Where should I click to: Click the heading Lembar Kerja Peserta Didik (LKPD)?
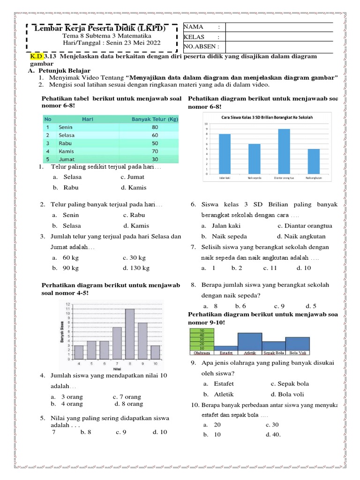100,29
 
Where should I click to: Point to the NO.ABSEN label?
198,47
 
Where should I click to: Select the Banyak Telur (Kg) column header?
155,119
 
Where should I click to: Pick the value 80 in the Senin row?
155,127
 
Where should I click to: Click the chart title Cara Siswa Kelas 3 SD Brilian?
267,117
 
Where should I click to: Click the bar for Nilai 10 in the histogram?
155,352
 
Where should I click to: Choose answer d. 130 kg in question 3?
136,268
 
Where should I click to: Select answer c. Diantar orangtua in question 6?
305,226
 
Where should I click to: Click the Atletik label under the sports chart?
249,352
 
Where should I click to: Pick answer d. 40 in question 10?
273,435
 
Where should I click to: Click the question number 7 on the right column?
193,247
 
